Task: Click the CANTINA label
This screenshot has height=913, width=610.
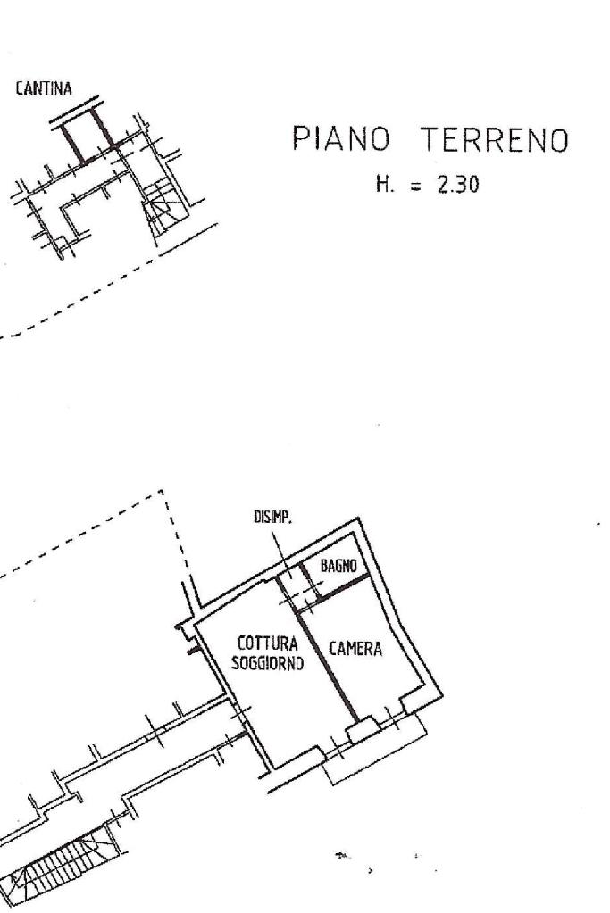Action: pyautogui.click(x=44, y=89)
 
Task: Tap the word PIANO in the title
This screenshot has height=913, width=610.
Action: pyautogui.click(x=340, y=139)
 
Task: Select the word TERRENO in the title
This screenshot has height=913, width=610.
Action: pyautogui.click(x=494, y=140)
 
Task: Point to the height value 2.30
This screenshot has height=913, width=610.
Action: pyautogui.click(x=458, y=185)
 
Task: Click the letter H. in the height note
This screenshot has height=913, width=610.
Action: pyautogui.click(x=385, y=185)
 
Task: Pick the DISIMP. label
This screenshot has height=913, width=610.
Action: pyautogui.click(x=272, y=517)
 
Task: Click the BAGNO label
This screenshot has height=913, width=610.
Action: pyautogui.click(x=338, y=566)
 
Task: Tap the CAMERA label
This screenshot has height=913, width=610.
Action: pyautogui.click(x=355, y=649)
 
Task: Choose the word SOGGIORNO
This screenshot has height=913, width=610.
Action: pyautogui.click(x=268, y=663)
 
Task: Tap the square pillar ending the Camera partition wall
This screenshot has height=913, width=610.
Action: pyautogui.click(x=363, y=728)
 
